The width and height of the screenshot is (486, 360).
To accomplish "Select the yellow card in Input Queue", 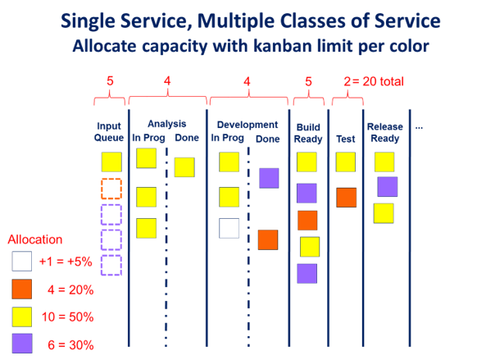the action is coord(111,162).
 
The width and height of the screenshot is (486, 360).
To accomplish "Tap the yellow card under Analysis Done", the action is coord(184,167).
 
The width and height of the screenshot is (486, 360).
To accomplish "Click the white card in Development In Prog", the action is coord(229,228).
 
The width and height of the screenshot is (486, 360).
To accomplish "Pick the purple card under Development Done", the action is coord(269,178).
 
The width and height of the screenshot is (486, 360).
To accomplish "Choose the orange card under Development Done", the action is coord(268,239).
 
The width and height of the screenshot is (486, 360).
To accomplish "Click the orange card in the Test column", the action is coord(346,198).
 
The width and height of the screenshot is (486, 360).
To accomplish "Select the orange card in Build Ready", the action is coord(307,221).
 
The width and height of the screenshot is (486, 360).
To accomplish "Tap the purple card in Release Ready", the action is coord(388,187).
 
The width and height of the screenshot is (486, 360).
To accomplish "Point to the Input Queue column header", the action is coord(109,131).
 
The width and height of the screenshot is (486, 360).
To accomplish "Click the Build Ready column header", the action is coord(308,133).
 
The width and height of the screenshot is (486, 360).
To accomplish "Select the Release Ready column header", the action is coord(385,132).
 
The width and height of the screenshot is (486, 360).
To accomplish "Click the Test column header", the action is coord(346,139).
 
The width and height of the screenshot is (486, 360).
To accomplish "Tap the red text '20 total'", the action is coord(383,81).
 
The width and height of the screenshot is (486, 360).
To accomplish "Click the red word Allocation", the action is coord(35,239).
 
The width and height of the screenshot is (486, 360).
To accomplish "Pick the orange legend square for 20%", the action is coord(21,289).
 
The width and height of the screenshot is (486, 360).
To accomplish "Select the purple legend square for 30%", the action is coord(22,344).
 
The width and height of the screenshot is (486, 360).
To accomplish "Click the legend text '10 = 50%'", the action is coord(67,317).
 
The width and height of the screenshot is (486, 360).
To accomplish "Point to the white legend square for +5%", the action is coord(21,261).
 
